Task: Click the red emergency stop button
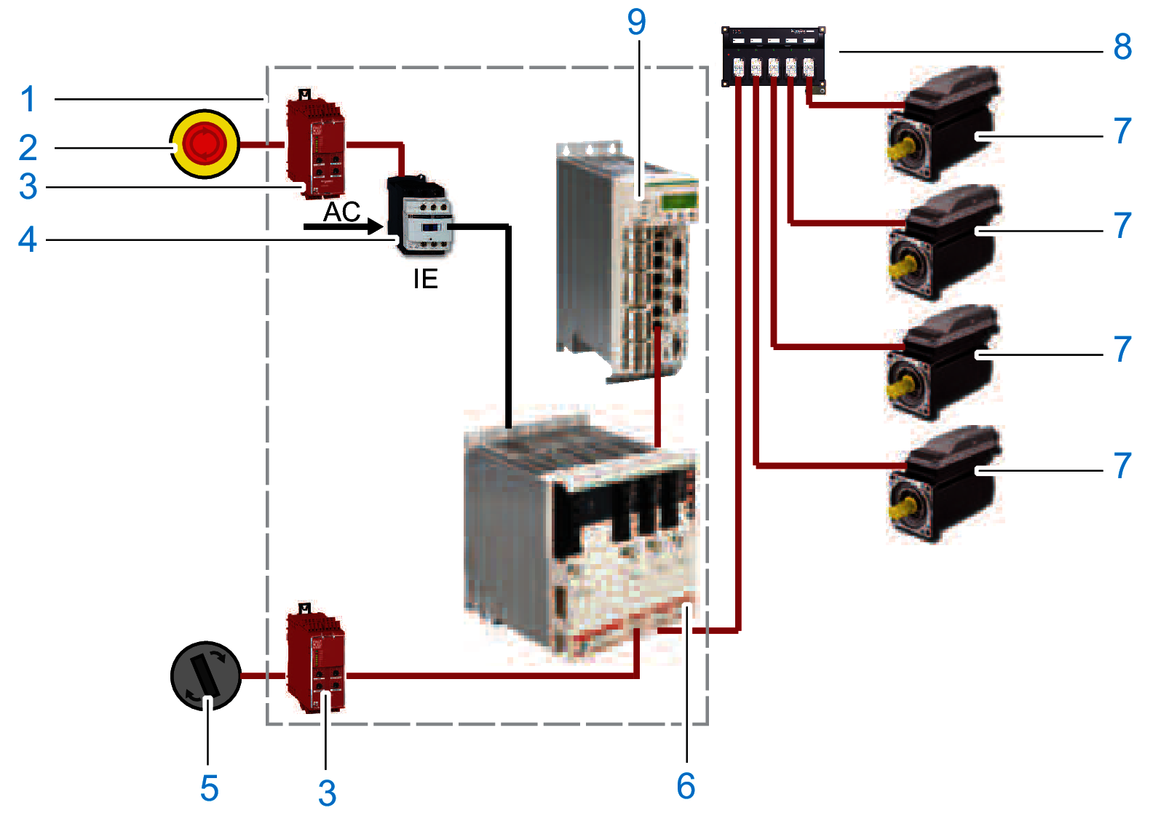[x=205, y=144]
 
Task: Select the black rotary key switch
[x=206, y=675]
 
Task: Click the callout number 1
[x=28, y=100]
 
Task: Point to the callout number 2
[x=28, y=148]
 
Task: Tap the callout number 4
[x=28, y=239]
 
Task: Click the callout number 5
[x=209, y=788]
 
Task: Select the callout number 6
[x=686, y=786]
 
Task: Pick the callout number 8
[x=1122, y=47]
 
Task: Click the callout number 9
[x=636, y=23]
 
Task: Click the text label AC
[x=341, y=212]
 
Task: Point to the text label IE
[x=425, y=279]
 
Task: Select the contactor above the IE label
[x=421, y=215]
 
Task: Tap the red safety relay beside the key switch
[x=315, y=659]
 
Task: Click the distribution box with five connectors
[x=773, y=57]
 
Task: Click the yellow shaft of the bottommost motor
[x=900, y=503]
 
